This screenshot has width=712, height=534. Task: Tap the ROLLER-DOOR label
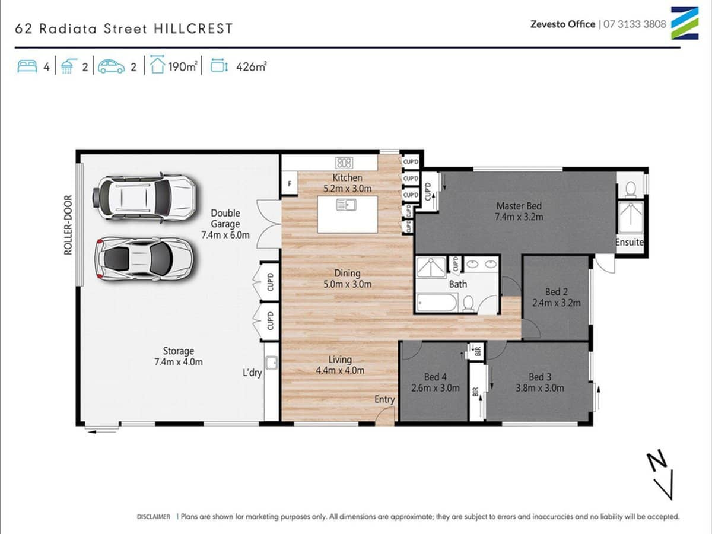(68, 225)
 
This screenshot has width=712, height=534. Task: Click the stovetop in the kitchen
(344, 162)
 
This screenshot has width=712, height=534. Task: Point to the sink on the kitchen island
(345, 205)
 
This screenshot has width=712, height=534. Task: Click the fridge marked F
(290, 183)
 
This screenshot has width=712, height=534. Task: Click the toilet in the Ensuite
(631, 188)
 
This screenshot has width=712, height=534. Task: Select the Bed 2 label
(557, 291)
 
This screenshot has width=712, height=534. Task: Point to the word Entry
(384, 399)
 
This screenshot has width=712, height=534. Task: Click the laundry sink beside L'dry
(272, 362)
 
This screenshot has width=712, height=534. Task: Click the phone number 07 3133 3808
(635, 24)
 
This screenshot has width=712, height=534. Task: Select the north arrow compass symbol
(660, 475)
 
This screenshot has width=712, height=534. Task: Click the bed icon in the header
(27, 66)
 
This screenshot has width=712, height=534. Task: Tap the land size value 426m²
(251, 67)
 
